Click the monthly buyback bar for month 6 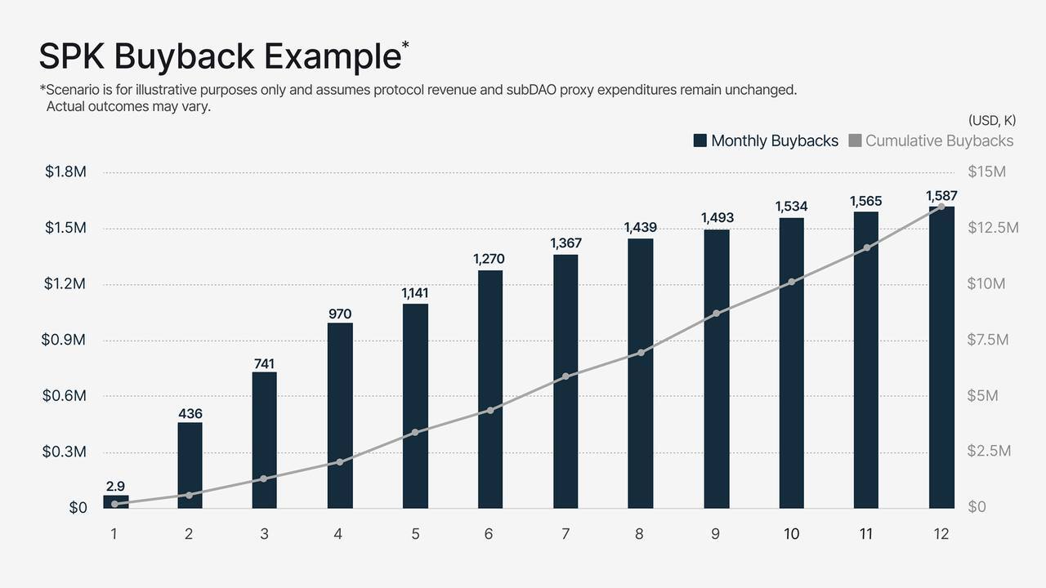tap(490, 389)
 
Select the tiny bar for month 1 tap(115, 501)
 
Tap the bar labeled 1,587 tap(941, 357)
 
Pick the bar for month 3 tap(264, 439)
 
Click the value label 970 tap(340, 314)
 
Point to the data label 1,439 tap(641, 228)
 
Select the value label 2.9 tap(115, 487)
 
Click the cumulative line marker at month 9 tap(716, 314)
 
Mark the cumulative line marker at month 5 tap(415, 432)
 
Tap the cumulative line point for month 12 tap(941, 207)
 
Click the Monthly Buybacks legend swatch tap(700, 140)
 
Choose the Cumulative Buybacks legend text tap(939, 140)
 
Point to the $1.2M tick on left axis tap(65, 284)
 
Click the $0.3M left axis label tap(65, 452)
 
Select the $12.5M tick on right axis tap(992, 228)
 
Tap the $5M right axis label tap(982, 396)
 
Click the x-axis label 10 tap(791, 534)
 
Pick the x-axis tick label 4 tap(338, 534)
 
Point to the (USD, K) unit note tap(991, 120)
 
